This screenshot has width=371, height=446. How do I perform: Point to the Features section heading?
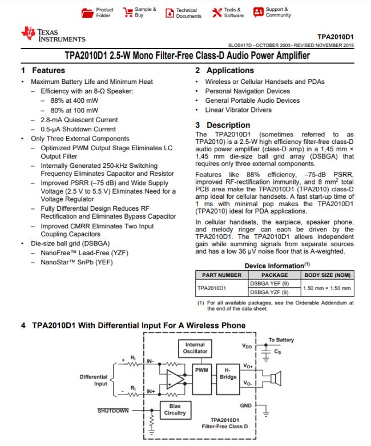[39, 71]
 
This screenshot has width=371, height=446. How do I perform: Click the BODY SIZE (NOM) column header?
[327, 275]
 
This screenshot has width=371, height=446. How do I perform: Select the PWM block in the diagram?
[201, 369]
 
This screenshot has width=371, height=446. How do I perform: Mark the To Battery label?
[281, 340]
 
